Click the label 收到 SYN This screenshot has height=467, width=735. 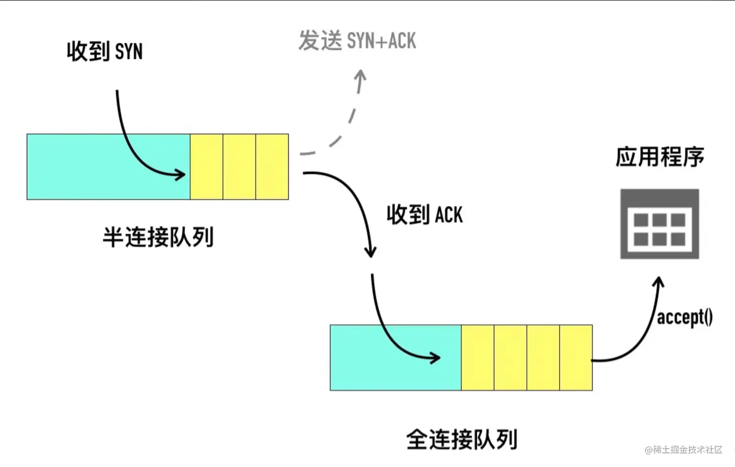(x=105, y=51)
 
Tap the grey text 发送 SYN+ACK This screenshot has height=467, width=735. (x=357, y=41)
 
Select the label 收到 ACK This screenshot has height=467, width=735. (x=424, y=214)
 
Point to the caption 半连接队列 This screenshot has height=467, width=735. (x=158, y=237)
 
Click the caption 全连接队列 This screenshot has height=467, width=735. (x=461, y=439)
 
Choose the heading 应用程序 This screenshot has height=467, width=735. (x=660, y=157)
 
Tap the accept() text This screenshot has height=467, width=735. (x=684, y=317)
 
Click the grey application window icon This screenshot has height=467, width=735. (x=660, y=224)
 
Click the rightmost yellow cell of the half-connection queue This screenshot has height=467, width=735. (x=272, y=167)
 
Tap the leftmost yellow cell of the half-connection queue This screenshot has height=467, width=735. (x=207, y=167)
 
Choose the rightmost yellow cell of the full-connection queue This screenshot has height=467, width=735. (x=576, y=358)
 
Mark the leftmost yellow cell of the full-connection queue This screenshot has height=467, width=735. (x=477, y=358)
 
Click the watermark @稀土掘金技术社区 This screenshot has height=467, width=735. (x=683, y=450)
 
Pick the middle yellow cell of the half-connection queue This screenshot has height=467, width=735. (x=239, y=167)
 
